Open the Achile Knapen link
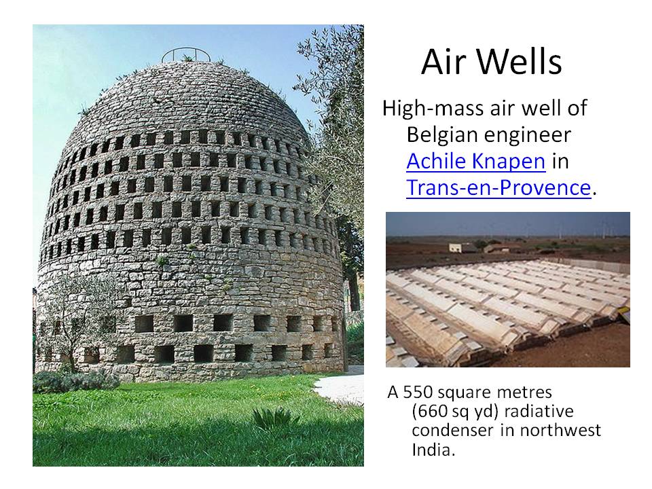pyautogui.click(x=475, y=161)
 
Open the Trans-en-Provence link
pyautogui.click(x=499, y=187)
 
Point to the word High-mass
pyautogui.click(x=433, y=109)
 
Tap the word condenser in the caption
pyautogui.click(x=453, y=430)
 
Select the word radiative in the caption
pyautogui.click(x=539, y=411)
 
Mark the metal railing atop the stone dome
pyautogui.click(x=186, y=55)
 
